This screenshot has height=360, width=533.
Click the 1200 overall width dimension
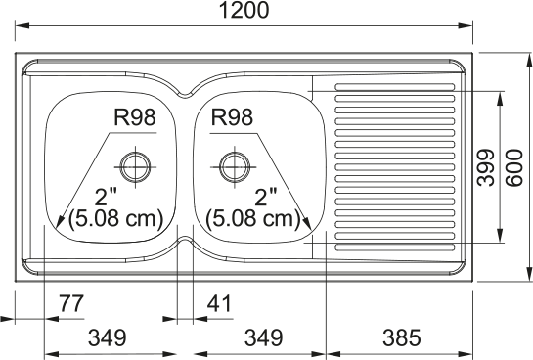(244, 10)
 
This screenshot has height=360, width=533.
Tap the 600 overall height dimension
(513, 167)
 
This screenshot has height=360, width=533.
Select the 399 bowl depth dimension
(485, 167)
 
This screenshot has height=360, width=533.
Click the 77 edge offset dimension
(71, 303)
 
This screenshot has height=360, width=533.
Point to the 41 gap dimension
(219, 303)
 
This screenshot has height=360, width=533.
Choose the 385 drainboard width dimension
(402, 337)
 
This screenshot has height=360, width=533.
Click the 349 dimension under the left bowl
(107, 337)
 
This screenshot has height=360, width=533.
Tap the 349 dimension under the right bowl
(264, 337)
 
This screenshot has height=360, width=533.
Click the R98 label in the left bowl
(135, 117)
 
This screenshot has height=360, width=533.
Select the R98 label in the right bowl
(232, 117)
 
